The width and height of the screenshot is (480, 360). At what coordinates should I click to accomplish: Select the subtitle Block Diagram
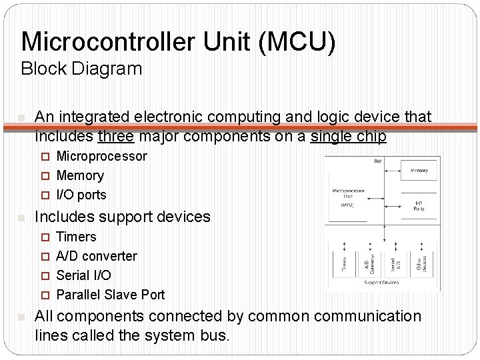(81, 69)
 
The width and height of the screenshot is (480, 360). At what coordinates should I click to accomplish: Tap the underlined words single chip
(349, 137)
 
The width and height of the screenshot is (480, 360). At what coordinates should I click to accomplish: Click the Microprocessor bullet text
(101, 157)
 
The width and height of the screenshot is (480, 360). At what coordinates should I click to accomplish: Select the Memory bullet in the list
(80, 176)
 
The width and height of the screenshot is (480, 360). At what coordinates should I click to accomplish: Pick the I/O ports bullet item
(81, 195)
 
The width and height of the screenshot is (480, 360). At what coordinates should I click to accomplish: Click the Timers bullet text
(76, 237)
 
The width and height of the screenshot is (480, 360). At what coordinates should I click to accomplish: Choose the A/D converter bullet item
(97, 256)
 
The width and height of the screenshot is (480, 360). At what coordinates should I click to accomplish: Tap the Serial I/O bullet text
(83, 275)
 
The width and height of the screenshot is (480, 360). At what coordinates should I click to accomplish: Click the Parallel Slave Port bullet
(110, 295)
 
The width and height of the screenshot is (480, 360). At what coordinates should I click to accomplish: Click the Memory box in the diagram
(419, 171)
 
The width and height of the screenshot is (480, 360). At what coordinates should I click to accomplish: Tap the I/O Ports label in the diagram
(419, 205)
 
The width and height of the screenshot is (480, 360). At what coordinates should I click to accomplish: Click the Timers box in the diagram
(343, 264)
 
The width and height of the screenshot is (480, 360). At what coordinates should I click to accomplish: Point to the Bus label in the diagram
(378, 161)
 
